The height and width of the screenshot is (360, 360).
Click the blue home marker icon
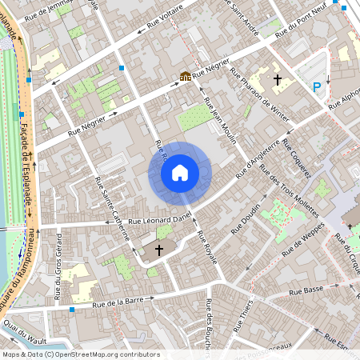180,172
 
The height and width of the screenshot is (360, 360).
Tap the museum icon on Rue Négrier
186,77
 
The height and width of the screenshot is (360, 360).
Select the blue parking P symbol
318,86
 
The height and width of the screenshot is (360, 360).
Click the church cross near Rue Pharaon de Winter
278,80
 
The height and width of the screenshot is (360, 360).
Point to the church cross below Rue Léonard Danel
158,250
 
